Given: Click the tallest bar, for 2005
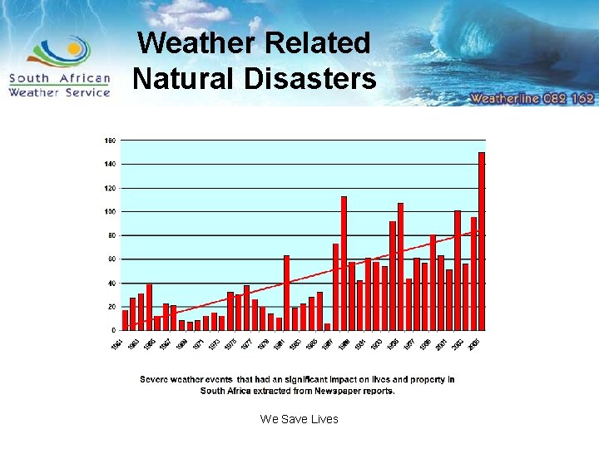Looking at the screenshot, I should (482, 241).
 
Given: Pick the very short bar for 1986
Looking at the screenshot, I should (328, 327).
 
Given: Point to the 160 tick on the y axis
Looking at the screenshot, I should (110, 141).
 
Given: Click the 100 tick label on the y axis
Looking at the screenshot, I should (110, 212).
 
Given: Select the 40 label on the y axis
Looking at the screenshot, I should (111, 283).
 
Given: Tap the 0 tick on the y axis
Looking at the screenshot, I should (113, 330).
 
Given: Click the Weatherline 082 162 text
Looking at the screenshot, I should (532, 98).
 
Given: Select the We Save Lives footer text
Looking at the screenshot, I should (299, 419).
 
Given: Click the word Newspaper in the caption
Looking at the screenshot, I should (343, 390).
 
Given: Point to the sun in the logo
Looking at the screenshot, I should (74, 49).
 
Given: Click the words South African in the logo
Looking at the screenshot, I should (59, 79).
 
